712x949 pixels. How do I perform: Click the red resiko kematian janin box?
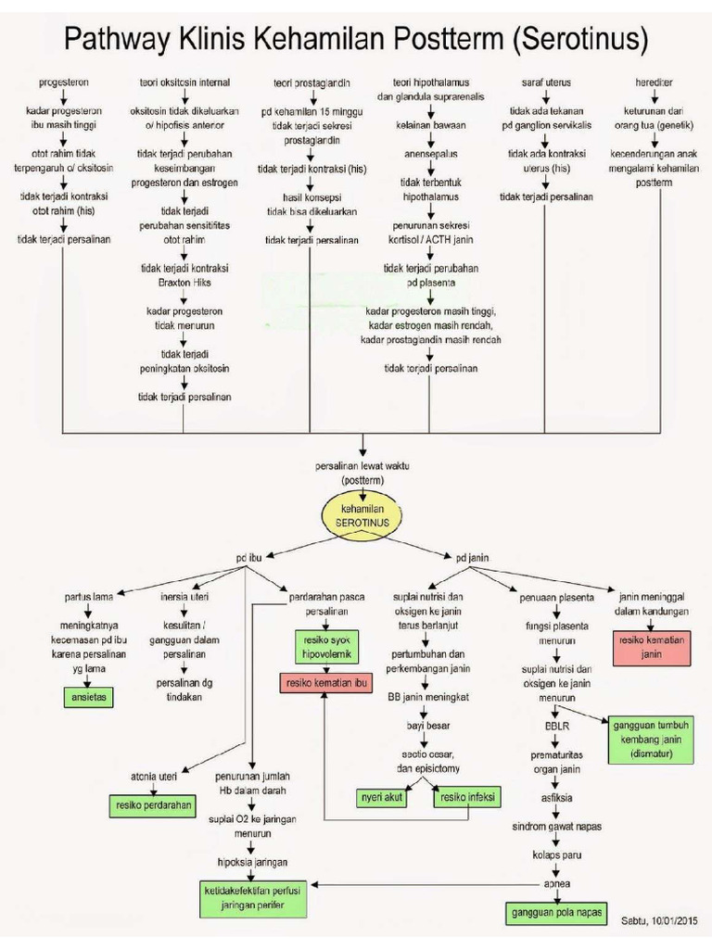653,647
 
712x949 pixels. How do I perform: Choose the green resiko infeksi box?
465,797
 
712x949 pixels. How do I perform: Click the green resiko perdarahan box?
155,805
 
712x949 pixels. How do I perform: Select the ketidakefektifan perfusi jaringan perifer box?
257,898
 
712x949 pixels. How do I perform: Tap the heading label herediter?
655,82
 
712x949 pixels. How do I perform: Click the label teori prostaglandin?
311,82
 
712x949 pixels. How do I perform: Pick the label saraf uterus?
546,82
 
